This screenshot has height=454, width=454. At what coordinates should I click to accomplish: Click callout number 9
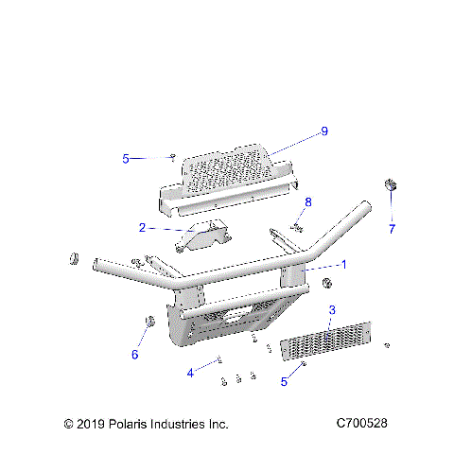point(323,131)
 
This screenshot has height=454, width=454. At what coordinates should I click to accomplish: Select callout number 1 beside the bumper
point(343,265)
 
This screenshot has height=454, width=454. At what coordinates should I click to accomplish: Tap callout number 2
point(141,228)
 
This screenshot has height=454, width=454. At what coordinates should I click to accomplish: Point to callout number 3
point(331,310)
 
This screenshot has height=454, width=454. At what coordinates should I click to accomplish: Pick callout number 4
point(189,373)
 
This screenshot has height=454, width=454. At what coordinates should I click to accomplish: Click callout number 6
point(134,355)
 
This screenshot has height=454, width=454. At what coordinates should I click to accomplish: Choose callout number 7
point(391,228)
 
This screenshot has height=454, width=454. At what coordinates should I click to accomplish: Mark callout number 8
point(307,202)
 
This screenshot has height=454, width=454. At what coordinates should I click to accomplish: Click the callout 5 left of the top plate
point(126,159)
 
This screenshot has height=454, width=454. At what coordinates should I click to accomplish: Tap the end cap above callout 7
point(389,183)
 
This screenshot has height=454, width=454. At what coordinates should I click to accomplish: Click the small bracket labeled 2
point(201,237)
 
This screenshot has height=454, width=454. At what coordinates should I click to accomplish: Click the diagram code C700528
point(361,424)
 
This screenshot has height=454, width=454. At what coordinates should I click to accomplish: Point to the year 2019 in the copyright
point(93,424)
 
